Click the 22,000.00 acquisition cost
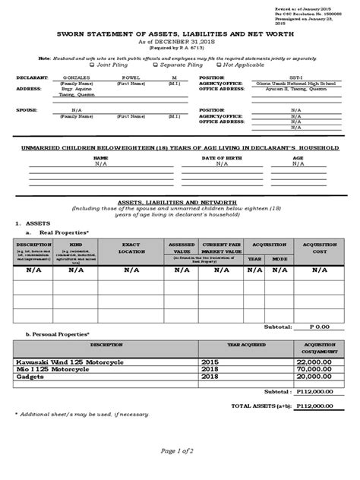(317, 364)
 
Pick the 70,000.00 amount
(317, 370)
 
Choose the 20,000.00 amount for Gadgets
(317, 376)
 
